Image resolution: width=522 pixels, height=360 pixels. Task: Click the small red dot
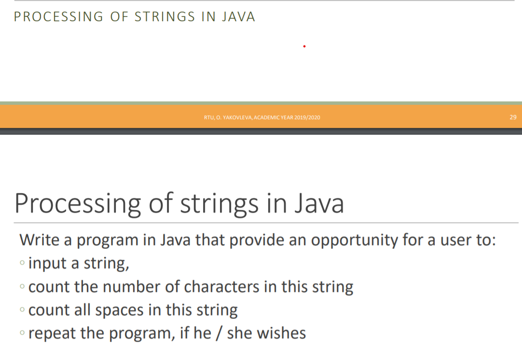304,46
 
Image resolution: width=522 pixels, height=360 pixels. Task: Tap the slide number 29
513,117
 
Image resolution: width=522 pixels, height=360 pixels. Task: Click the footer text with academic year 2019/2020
262,118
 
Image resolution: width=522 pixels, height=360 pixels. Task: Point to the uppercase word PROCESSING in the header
58,17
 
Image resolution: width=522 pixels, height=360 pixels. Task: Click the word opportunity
347,240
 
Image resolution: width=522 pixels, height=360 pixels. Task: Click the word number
129,287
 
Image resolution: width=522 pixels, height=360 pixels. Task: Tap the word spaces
119,310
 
